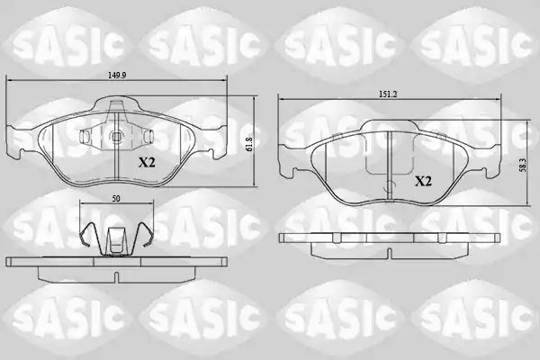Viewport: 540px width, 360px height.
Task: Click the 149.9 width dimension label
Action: (x=117, y=76)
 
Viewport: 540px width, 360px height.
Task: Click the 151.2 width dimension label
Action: (x=388, y=94)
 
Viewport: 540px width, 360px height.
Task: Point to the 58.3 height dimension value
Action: (x=523, y=166)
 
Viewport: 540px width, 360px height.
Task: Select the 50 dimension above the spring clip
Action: (x=116, y=199)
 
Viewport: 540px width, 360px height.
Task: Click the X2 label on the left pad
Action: (x=147, y=162)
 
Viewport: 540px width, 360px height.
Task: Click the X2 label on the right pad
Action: (x=423, y=181)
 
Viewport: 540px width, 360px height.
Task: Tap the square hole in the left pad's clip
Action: (x=116, y=137)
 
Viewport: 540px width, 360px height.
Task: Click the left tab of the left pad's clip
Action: (x=85, y=137)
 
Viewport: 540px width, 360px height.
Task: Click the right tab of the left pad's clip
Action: (x=148, y=137)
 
